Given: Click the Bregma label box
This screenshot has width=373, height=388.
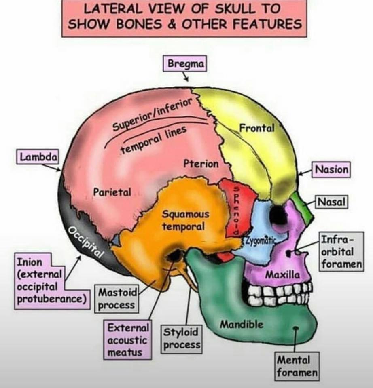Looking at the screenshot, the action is click(185, 63).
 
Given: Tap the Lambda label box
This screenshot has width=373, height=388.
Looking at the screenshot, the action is click(38, 157).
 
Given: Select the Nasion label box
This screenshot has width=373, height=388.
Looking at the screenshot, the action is click(331, 169).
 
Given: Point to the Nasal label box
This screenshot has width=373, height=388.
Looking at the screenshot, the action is click(331, 202).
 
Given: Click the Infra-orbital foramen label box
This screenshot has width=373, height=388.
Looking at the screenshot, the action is click(341, 252).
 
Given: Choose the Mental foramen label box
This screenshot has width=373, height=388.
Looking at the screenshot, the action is click(297, 366).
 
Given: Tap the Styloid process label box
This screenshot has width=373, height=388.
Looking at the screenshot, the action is click(182, 339).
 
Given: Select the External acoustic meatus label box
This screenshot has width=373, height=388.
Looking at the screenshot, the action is click(127, 340).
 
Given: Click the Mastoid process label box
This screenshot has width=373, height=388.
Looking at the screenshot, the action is click(117, 299).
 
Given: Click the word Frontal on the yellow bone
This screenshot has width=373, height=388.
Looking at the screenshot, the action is click(257, 128).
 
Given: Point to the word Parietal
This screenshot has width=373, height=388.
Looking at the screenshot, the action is click(112, 192).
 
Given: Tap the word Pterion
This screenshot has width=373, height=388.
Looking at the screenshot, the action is click(201, 164).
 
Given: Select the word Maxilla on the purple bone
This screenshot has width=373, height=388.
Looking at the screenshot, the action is click(282, 274).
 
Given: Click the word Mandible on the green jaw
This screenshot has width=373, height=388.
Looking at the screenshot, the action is click(242, 324).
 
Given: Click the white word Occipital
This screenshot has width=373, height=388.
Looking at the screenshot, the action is click(86, 242).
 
